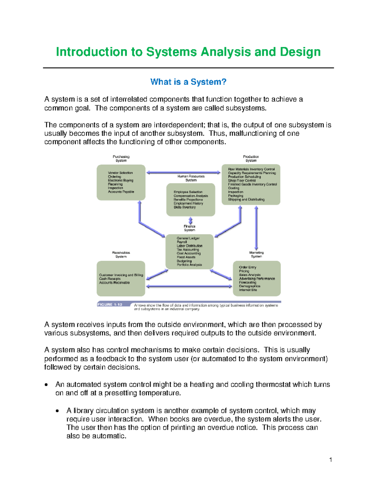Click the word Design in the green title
click(300, 52)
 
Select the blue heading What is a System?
click(188, 82)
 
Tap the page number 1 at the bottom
click(331, 460)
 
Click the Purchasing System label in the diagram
click(121, 158)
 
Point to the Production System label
click(251, 158)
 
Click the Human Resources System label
click(191, 178)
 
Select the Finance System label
click(189, 228)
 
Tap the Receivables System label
click(121, 255)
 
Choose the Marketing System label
click(256, 255)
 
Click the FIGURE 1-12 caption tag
click(110, 304)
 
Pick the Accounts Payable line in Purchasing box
click(121, 192)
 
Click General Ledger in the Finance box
click(188, 238)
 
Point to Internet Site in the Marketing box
click(248, 290)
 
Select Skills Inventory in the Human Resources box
click(184, 207)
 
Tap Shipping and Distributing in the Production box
click(246, 200)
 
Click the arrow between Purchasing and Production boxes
click(183, 172)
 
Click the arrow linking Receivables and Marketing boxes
click(189, 286)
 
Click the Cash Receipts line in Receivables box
click(110, 279)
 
